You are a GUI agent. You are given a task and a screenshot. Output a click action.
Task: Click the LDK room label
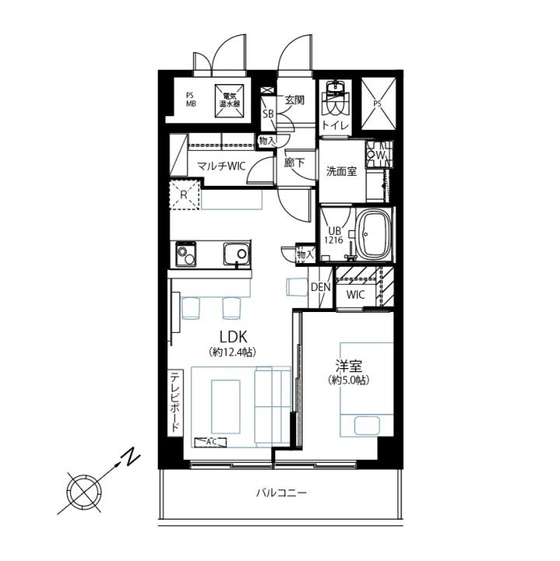(233, 337)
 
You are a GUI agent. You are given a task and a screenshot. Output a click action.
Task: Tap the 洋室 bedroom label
(348, 366)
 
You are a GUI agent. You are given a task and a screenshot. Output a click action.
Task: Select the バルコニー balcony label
(282, 493)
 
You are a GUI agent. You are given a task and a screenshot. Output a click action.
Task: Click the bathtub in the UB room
(373, 236)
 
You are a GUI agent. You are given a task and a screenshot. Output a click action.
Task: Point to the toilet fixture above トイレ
(335, 98)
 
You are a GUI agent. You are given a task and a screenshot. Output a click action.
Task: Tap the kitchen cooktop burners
(186, 254)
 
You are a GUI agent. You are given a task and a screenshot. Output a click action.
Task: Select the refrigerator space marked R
(184, 195)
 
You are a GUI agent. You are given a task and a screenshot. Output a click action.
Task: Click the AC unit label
(211, 442)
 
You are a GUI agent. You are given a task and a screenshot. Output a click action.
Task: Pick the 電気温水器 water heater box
(229, 100)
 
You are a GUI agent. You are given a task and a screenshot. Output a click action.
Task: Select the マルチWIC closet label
(222, 166)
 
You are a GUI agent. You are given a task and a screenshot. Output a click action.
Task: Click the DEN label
(320, 287)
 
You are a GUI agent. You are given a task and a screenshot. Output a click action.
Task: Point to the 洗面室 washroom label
(341, 171)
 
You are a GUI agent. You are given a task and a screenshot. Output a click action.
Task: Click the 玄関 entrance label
(294, 100)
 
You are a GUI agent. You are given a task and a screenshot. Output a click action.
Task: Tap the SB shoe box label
(268, 114)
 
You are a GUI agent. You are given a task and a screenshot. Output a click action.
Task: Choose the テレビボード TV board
(176, 403)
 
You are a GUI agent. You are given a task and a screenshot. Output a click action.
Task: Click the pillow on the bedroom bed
(366, 426)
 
